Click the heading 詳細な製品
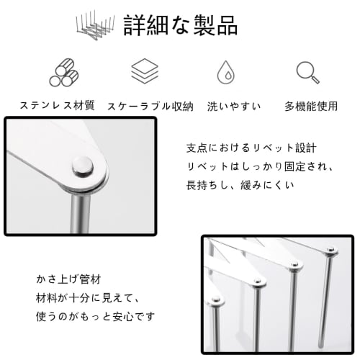click(181, 25)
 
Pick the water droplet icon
click(225, 73)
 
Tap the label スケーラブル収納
click(150, 106)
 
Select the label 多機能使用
click(311, 106)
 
